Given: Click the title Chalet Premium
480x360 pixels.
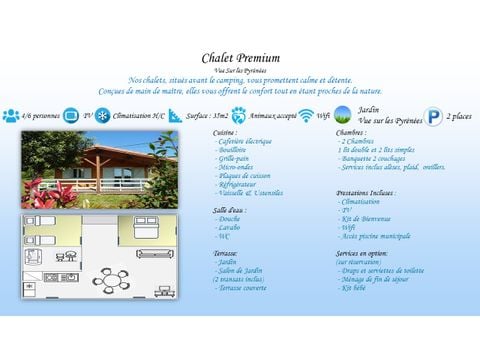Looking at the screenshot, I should click(x=240, y=58).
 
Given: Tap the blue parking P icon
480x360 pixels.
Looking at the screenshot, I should click(x=433, y=116).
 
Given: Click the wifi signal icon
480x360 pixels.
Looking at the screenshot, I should click(x=306, y=116).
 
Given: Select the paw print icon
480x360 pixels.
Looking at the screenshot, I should click(x=238, y=115).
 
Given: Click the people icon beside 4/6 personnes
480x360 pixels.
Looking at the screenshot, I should click(x=10, y=116).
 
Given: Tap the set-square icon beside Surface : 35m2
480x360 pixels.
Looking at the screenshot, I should click(x=176, y=115).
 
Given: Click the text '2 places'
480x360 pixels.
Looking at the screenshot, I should click(x=460, y=116).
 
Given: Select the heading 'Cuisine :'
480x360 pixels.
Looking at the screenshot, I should click(x=226, y=132).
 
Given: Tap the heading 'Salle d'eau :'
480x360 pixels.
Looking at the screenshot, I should click(x=230, y=209).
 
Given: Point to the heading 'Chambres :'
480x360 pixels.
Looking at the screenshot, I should click(x=351, y=132).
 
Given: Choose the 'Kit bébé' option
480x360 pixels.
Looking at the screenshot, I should click(x=354, y=287).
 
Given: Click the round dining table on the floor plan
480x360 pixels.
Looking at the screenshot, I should click(x=114, y=281).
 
